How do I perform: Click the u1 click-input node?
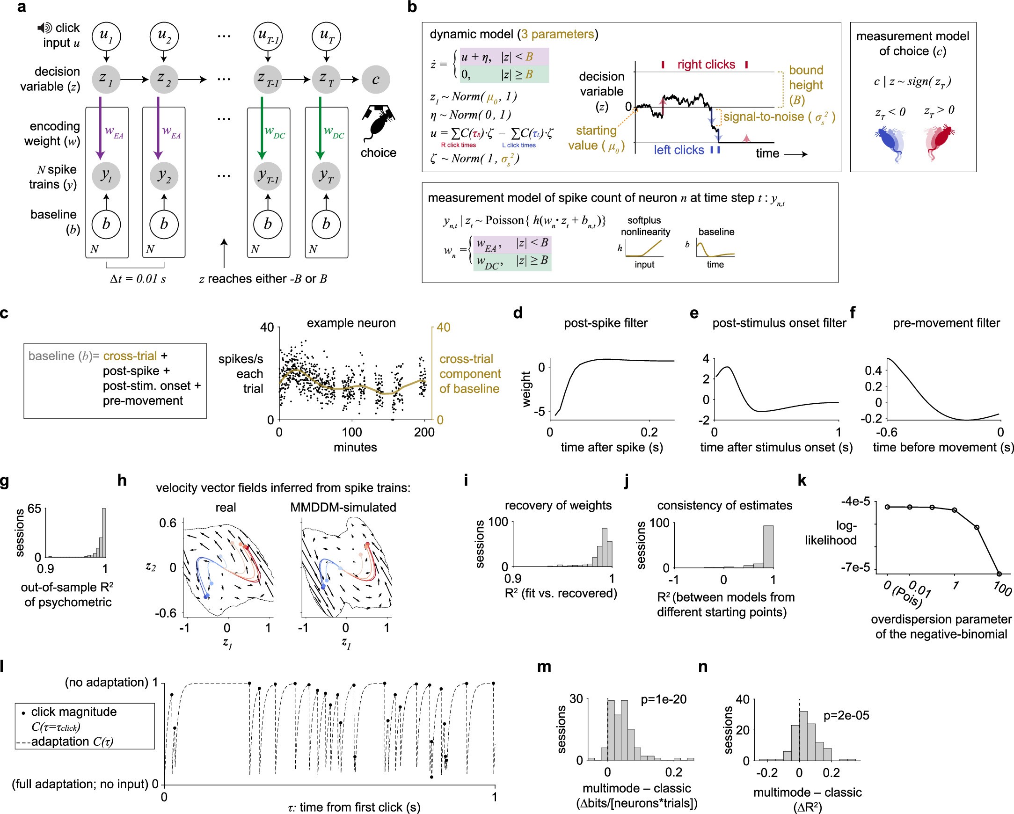click(x=106, y=36)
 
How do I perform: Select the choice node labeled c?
click(x=375, y=80)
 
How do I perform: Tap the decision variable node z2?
click(x=163, y=80)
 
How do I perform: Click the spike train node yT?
click(x=326, y=176)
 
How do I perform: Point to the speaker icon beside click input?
click(x=44, y=28)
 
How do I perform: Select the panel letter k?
click(x=802, y=480)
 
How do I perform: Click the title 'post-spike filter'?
click(x=605, y=323)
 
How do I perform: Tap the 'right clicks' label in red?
click(x=706, y=65)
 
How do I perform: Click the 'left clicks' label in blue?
click(x=678, y=150)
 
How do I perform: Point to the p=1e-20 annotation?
click(x=663, y=699)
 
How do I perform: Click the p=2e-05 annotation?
click(x=846, y=715)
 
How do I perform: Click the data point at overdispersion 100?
click(x=999, y=574)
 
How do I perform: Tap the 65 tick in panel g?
click(x=34, y=509)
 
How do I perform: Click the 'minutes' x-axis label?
click(x=355, y=447)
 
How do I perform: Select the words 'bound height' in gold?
click(x=806, y=78)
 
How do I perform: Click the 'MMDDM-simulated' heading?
click(x=343, y=508)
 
